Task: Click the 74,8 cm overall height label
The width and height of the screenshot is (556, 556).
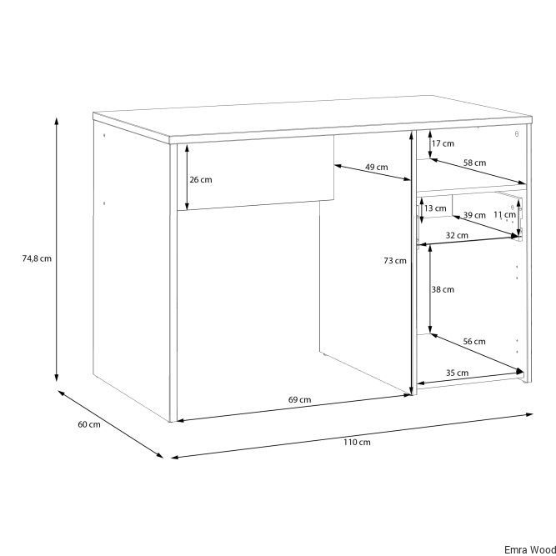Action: [x=37, y=258]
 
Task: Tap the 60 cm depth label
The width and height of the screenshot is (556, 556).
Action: [x=89, y=424]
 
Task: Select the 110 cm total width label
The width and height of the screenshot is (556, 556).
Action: [x=357, y=442]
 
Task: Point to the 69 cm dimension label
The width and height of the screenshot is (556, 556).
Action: [x=299, y=399]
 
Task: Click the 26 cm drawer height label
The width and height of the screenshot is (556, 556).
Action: [x=201, y=180]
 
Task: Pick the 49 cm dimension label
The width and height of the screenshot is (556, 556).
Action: [x=377, y=167]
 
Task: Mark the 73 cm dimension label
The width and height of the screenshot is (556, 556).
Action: [x=395, y=261]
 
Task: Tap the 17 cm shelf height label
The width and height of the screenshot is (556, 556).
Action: [x=443, y=143]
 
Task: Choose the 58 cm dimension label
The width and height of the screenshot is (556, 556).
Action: [x=475, y=163]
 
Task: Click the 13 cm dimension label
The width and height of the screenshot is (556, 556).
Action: [x=435, y=208]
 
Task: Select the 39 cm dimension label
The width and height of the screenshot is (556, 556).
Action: [x=474, y=215]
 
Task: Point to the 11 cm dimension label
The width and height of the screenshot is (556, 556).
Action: [x=505, y=214]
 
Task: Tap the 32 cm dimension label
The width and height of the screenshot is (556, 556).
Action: [x=457, y=235]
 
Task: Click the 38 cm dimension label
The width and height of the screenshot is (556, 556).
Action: [x=443, y=290]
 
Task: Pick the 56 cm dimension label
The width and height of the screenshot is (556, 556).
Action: [x=474, y=342]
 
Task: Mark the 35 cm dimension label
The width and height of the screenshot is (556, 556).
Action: [x=457, y=373]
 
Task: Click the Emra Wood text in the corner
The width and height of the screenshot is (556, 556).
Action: [x=530, y=549]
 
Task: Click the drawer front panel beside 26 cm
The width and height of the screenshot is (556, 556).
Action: [x=255, y=173]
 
